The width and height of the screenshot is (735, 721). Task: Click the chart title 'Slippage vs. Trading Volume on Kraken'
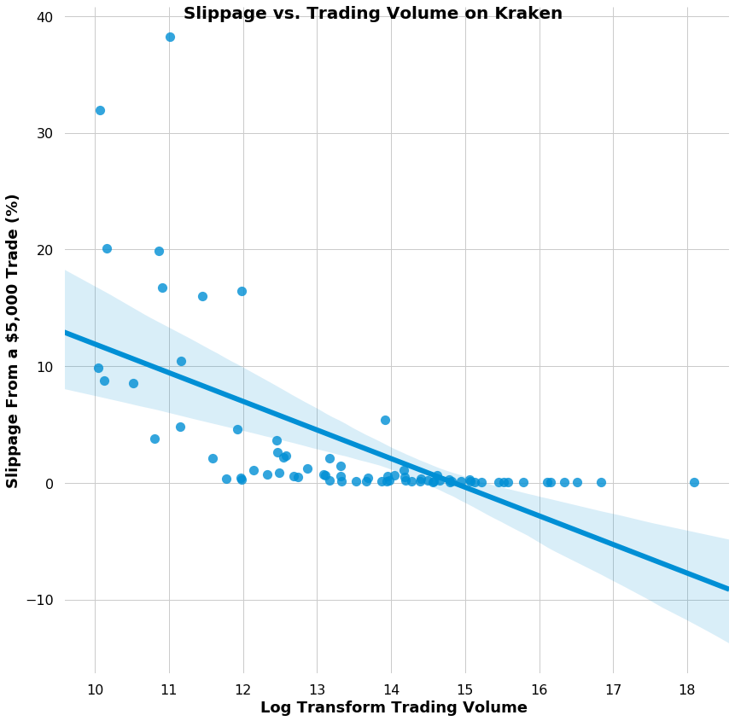[x=372, y=14]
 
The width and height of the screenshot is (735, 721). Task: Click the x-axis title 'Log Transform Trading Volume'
[x=394, y=707]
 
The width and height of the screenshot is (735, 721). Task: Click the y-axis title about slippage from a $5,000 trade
[x=13, y=340]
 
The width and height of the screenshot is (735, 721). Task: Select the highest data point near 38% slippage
[x=170, y=37]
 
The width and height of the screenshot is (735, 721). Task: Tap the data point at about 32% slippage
[x=100, y=110]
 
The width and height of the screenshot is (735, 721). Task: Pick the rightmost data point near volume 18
[x=694, y=482]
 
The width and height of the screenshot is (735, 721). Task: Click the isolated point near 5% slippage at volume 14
[x=385, y=420]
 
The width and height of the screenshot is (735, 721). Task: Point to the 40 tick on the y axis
[x=44, y=17]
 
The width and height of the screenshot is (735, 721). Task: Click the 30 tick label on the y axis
[x=44, y=133]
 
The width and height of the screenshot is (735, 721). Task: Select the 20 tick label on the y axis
[x=44, y=250]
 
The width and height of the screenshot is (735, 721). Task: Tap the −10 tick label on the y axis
[x=39, y=600]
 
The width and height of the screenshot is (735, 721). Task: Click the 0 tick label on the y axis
[x=49, y=483]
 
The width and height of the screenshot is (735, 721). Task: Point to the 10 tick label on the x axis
[x=95, y=689]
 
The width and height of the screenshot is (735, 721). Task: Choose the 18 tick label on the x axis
[x=687, y=689]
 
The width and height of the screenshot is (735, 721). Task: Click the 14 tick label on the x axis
[x=391, y=689]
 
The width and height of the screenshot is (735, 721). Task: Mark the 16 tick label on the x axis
[x=540, y=689]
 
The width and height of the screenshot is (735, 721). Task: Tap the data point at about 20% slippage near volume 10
[x=107, y=248]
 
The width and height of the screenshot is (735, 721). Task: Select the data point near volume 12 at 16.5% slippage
[x=242, y=291]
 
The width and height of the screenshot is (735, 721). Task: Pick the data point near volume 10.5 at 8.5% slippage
[x=133, y=383]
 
